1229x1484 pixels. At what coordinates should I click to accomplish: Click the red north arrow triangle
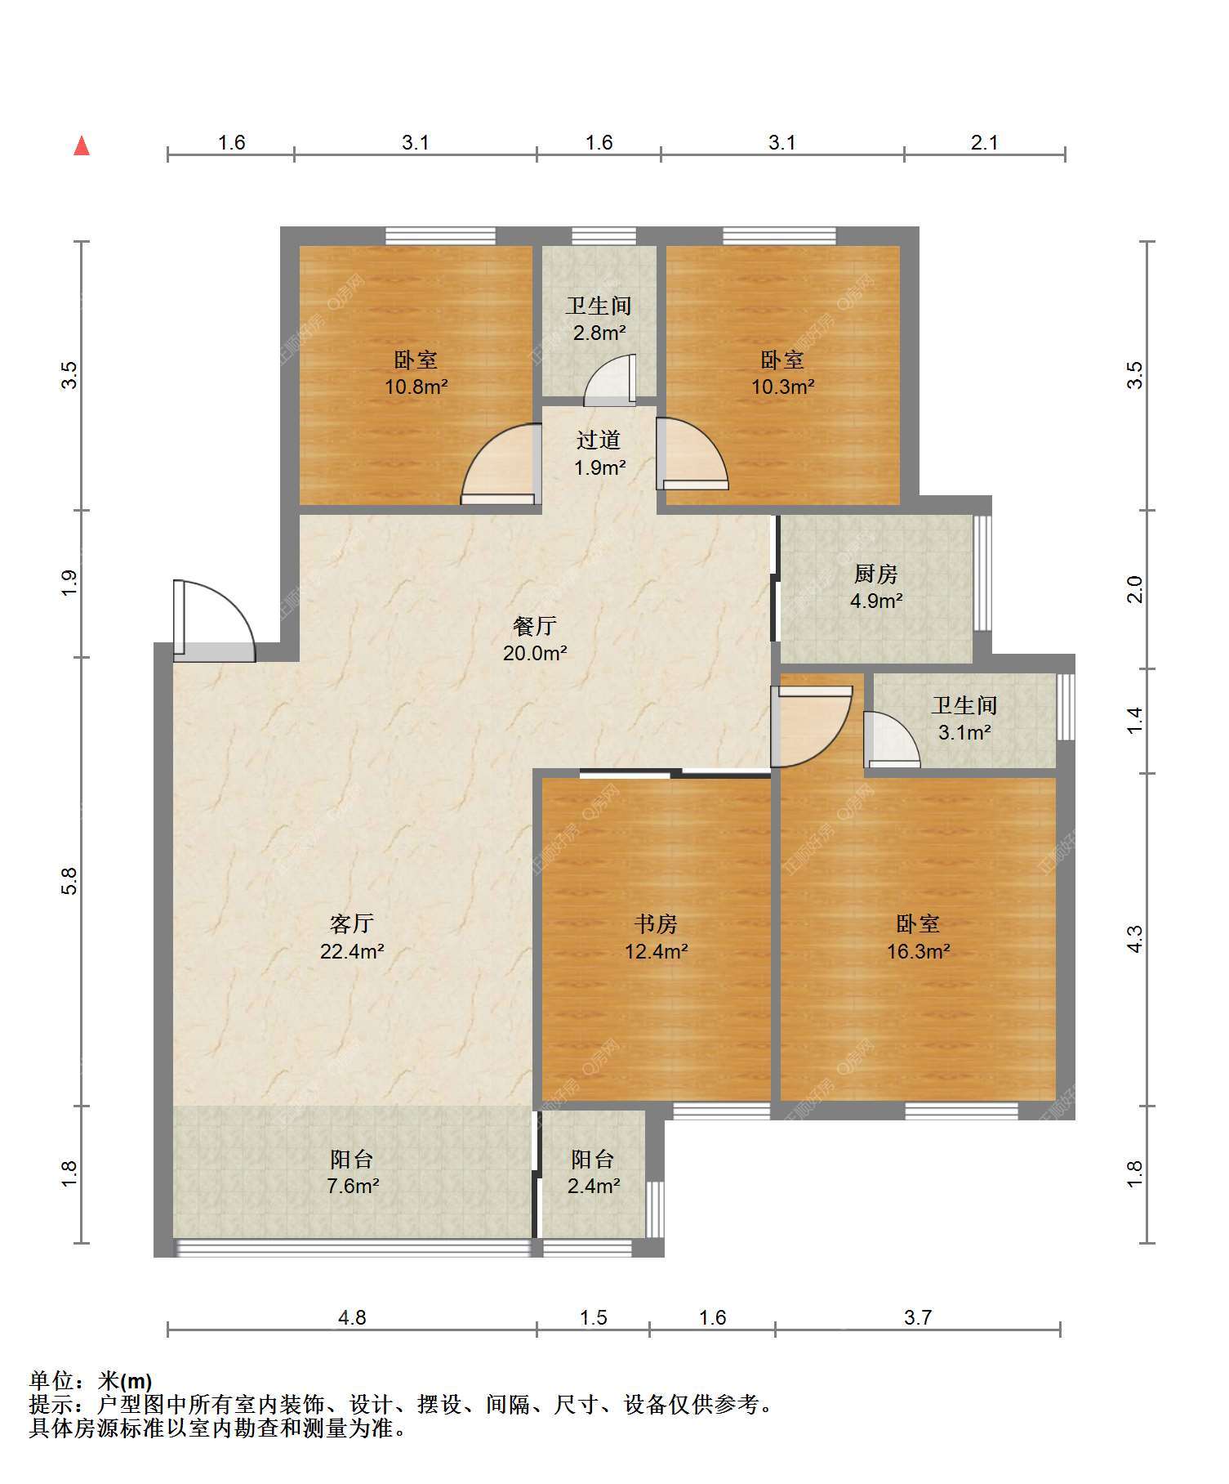point(82,145)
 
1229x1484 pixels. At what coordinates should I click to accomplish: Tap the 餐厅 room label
point(535,626)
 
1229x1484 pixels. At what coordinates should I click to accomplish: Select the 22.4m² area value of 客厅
point(352,951)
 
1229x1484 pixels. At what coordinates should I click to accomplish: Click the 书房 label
point(657,924)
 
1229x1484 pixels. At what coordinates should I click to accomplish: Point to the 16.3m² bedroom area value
point(919,951)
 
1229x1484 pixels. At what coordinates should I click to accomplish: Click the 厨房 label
point(876,574)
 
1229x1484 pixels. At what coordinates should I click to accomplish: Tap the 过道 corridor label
point(599,440)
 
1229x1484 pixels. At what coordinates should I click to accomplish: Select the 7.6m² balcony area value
point(353,1186)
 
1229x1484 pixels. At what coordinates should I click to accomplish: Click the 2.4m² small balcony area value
point(594,1186)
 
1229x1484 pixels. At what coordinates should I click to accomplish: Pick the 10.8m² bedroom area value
point(416,387)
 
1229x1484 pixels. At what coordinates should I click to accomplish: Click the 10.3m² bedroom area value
point(783,387)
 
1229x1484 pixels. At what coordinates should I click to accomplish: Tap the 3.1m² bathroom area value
point(964,732)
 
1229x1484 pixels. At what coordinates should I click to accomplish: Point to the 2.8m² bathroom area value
point(599,333)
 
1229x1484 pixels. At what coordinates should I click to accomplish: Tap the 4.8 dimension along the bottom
point(352,1317)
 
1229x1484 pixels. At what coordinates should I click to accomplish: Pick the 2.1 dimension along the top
point(985,142)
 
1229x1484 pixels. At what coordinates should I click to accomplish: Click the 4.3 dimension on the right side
point(1135,939)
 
